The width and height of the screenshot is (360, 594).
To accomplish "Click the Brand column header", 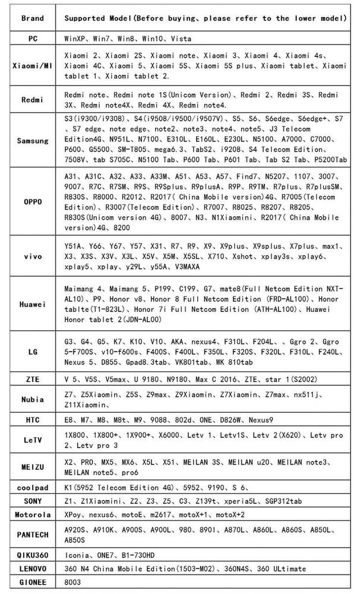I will (x=32, y=18).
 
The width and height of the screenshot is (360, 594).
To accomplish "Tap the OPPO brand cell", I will (x=32, y=202).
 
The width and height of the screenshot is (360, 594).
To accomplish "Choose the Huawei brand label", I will (x=32, y=303).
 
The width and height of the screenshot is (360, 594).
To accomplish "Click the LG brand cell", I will (x=32, y=352).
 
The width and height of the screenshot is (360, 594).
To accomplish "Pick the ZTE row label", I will (x=32, y=378).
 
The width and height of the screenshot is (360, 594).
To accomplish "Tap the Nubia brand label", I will (x=32, y=399).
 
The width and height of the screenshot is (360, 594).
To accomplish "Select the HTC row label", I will (x=32, y=420).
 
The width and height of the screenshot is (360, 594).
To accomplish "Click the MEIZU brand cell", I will (x=32, y=467).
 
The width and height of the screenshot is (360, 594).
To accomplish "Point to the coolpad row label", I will (x=32, y=488).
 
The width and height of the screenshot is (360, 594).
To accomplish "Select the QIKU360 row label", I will (x=32, y=555).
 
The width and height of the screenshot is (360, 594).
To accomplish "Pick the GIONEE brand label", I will (x=32, y=582).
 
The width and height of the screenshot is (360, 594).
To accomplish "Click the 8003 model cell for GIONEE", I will (x=72, y=582).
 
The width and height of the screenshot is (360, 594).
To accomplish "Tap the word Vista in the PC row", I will (x=181, y=38).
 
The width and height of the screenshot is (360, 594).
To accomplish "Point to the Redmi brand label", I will (x=32, y=100).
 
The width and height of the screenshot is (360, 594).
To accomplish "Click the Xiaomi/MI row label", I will (x=32, y=65).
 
